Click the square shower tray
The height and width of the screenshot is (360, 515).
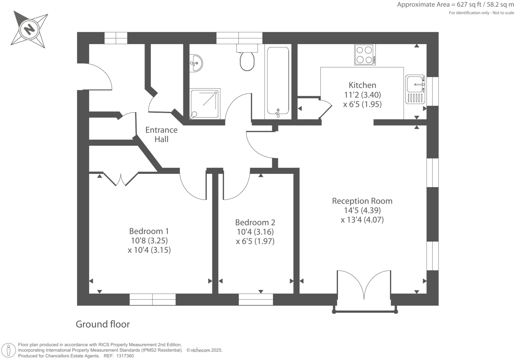(x=205, y=104)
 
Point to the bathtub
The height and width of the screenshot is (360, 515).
(x=278, y=81)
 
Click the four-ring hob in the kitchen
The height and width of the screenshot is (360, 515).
(x=364, y=55)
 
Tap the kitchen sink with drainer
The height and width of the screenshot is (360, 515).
(x=415, y=89)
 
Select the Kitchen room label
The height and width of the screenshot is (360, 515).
(x=362, y=85)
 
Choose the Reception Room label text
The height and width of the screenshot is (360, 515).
(x=362, y=201)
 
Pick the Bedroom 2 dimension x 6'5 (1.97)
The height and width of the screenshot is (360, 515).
(x=255, y=241)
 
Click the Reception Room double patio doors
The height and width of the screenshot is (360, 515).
(x=364, y=285)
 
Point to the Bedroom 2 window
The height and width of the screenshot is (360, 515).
(x=256, y=299)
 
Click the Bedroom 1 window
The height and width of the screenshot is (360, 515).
(x=153, y=299)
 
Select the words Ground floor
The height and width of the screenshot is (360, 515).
(x=103, y=324)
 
